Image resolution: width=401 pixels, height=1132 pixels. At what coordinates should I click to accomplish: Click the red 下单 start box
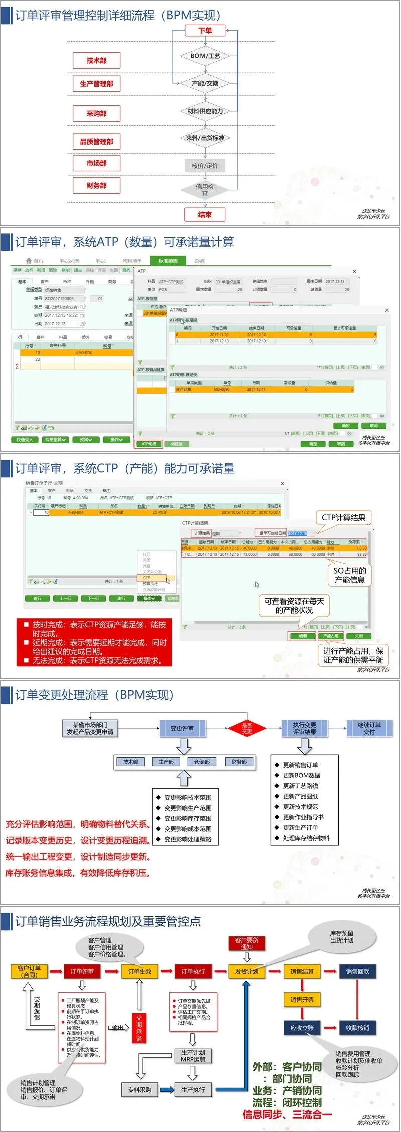pos(205,31)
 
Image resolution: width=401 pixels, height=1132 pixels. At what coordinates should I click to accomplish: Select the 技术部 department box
pos(96,61)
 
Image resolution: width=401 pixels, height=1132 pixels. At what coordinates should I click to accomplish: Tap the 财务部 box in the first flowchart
pos(96,186)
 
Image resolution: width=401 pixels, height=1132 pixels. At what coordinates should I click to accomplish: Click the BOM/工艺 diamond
pos(205,56)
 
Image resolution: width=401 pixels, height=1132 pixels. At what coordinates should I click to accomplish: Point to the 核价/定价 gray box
pos(205,166)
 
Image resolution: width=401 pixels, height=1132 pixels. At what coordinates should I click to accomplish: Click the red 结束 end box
pos(205,215)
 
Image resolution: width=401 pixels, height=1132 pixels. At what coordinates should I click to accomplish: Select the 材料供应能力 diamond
pos(205,111)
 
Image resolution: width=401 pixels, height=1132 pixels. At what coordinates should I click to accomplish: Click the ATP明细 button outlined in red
pos(149,444)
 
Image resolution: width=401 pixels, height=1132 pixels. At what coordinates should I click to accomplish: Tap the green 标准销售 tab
pos(168,261)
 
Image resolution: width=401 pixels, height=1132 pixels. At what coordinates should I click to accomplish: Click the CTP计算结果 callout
pos(343,518)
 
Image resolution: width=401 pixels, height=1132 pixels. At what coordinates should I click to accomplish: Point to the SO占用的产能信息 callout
pos(350,575)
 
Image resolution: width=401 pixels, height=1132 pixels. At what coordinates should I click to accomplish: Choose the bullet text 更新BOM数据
pos(301,775)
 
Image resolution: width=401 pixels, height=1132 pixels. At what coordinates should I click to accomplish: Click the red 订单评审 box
pos(82,971)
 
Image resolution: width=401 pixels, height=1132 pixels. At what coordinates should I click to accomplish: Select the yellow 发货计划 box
pos(247,971)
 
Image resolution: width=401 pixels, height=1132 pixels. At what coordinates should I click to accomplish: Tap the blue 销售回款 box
pos(358,971)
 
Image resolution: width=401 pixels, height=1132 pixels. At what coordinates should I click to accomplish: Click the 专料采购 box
pos(140,1090)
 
